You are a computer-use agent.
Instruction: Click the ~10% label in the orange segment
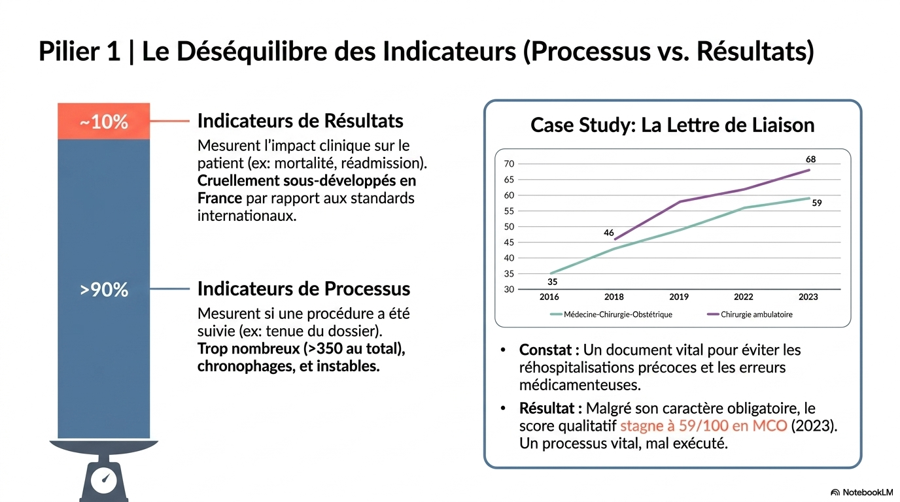(104, 122)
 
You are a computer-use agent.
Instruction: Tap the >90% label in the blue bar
(104, 290)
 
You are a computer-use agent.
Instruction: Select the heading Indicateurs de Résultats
(300, 121)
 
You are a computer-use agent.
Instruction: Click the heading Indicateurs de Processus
(303, 289)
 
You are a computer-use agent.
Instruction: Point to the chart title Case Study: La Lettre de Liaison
(672, 125)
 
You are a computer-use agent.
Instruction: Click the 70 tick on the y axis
(510, 164)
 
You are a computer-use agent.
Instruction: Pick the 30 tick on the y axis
(510, 289)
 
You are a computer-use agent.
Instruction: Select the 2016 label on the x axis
(549, 297)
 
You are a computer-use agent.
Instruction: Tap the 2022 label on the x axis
(743, 297)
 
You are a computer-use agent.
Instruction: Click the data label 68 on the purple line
(810, 159)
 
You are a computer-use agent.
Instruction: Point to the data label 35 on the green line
(553, 282)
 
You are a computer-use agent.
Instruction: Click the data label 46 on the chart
(608, 232)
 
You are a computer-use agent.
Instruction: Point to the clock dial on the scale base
(104, 480)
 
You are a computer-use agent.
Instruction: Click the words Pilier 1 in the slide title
(79, 52)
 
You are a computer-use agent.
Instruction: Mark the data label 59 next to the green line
(816, 203)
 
